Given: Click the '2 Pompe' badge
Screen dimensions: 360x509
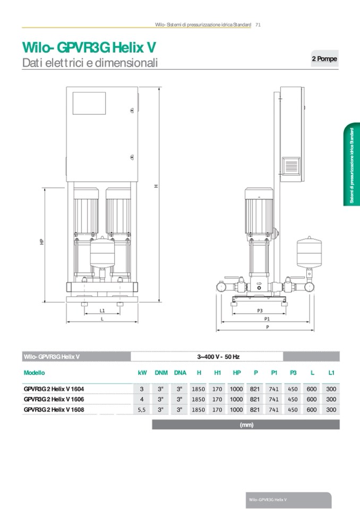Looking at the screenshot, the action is coord(324,59).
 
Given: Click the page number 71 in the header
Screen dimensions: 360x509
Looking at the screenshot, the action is coord(258,24).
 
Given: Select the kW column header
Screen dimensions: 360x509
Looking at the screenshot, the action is coord(142,373).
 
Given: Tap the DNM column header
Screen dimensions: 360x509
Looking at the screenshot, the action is coord(161,373).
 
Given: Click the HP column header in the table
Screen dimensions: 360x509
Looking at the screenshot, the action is coord(237,373).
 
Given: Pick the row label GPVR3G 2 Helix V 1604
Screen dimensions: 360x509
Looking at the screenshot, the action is coord(54,389).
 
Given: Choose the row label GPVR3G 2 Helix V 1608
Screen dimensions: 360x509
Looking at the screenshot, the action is coord(54,410).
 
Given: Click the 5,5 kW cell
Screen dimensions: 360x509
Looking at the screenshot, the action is coord(142,410).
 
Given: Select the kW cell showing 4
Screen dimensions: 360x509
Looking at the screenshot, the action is coord(142,399).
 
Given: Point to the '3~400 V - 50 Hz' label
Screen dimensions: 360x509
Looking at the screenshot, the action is coord(218,357).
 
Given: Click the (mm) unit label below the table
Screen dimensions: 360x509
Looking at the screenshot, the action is coord(246,425).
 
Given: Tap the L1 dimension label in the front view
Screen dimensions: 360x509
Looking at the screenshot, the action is coord(102,310).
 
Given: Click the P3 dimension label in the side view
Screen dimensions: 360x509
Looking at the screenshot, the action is coord(260,310).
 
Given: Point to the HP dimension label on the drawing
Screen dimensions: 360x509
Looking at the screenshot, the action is coord(41,242).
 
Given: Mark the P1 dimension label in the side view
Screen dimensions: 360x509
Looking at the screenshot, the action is coord(267,319).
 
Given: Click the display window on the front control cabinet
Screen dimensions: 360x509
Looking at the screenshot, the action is coord(89,103).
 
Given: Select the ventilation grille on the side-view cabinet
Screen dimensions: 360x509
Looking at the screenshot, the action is coord(291,166).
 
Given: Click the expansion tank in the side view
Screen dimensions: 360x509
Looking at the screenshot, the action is coord(309,253).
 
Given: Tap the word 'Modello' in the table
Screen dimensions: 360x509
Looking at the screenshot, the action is coord(34,373).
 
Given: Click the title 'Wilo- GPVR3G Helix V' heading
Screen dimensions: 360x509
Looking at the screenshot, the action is coord(89,47).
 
